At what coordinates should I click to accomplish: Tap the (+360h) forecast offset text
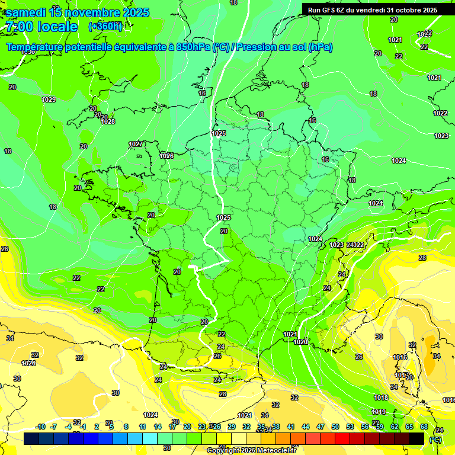(105, 26)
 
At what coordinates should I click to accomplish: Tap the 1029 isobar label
(49, 100)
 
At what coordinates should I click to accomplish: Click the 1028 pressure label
(108, 121)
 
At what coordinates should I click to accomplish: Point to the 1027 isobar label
(136, 144)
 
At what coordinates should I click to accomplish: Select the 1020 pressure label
(301, 342)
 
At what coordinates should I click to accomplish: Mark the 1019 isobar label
(379, 412)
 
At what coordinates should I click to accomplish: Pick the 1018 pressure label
(380, 398)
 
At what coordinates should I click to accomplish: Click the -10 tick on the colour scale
(40, 427)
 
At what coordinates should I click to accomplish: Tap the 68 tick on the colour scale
(424, 427)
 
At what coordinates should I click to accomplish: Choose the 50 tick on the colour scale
(335, 427)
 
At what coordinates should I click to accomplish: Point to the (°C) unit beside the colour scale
(435, 440)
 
